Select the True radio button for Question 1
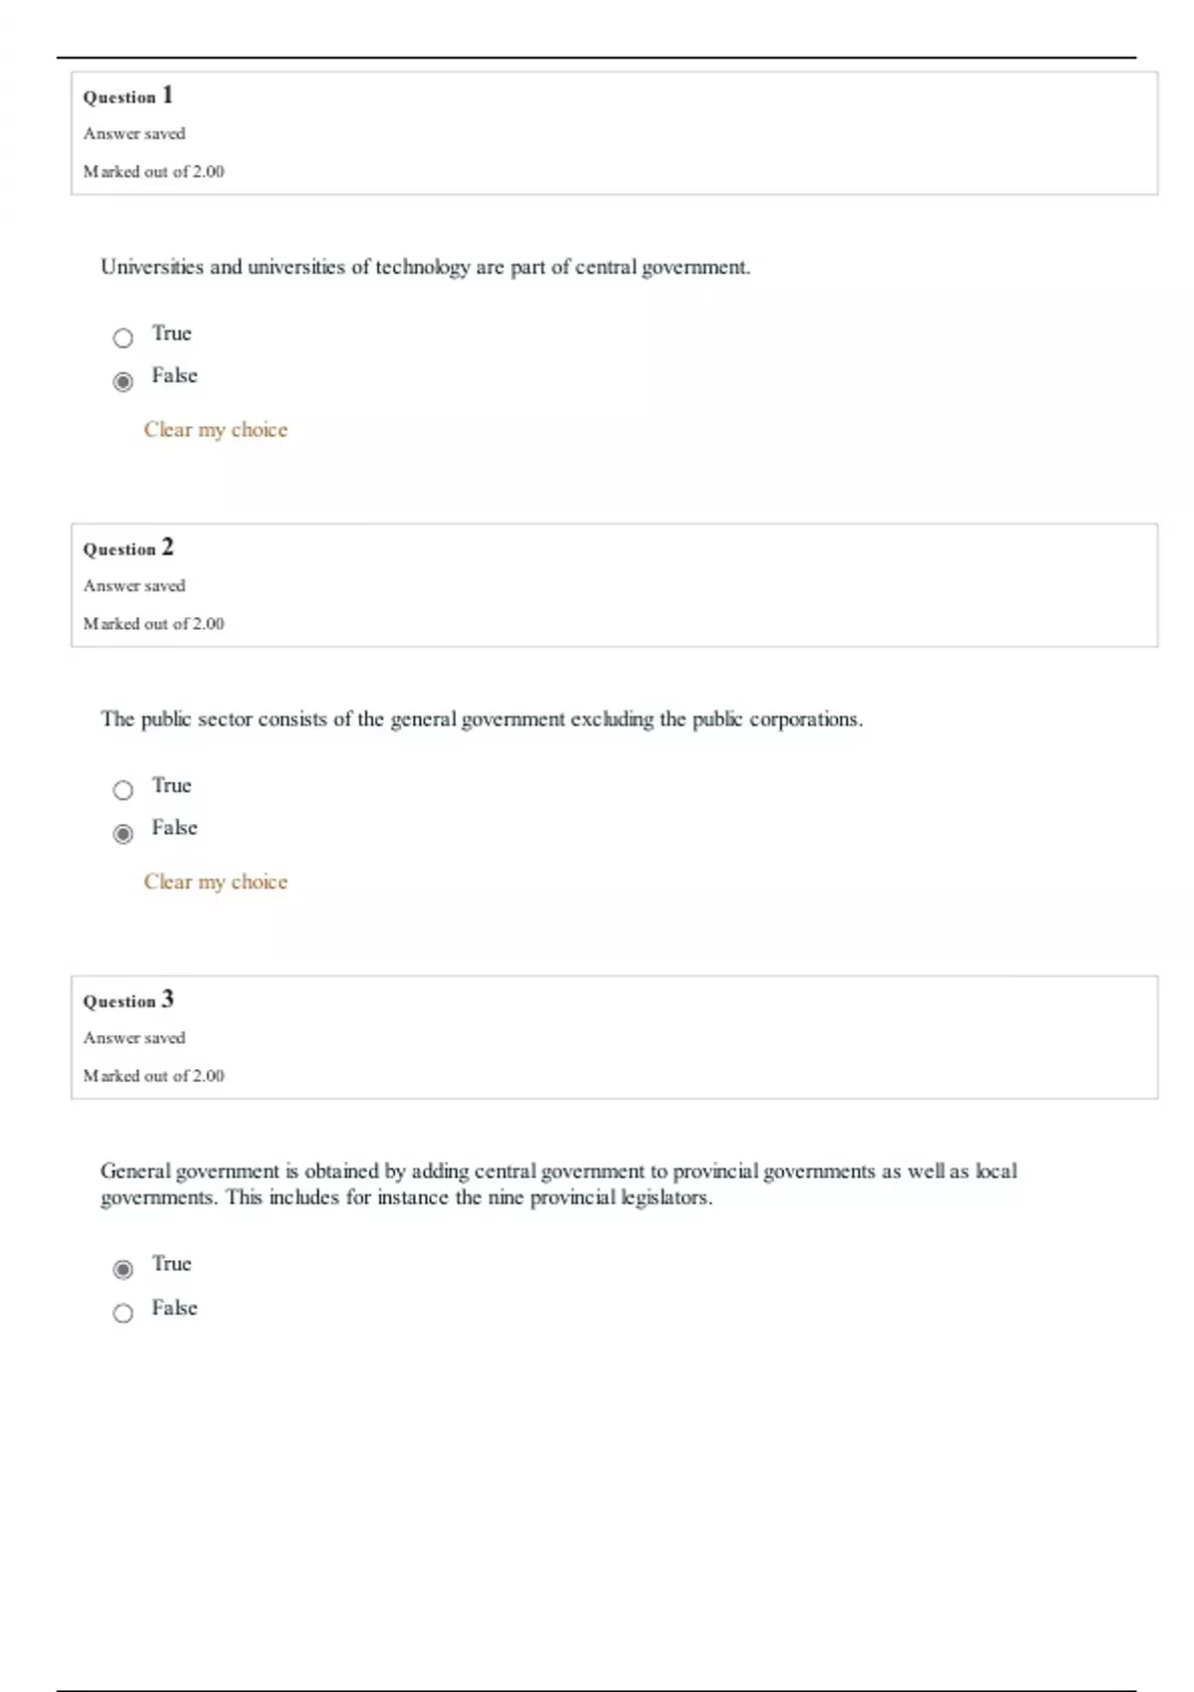(x=122, y=338)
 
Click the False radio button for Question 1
(x=122, y=382)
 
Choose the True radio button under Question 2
(x=122, y=790)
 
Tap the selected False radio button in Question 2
(x=122, y=834)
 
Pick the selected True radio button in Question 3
(x=122, y=1269)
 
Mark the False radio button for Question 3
(x=122, y=1313)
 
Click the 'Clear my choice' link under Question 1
(x=215, y=430)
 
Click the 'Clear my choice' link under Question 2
(x=215, y=882)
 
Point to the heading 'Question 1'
(x=127, y=97)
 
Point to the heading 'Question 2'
(x=127, y=548)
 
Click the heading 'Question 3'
(x=127, y=1000)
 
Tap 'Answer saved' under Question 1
(x=134, y=133)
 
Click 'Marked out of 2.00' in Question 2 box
(x=153, y=624)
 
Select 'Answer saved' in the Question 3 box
(x=134, y=1038)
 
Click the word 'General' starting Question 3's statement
(x=135, y=1171)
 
